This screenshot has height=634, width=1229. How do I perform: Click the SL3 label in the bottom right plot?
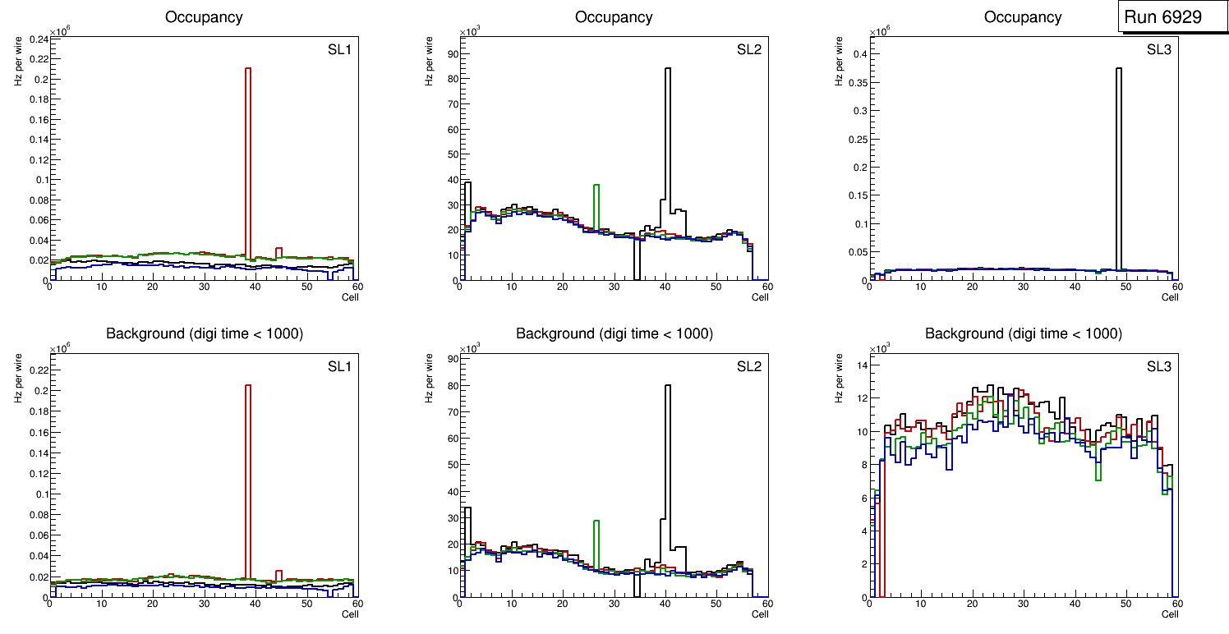point(1159,366)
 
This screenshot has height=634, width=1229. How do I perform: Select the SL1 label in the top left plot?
point(339,49)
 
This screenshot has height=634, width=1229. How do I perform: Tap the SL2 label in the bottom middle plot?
point(749,366)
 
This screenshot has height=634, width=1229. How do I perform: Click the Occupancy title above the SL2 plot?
point(614,17)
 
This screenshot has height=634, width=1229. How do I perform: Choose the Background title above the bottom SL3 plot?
point(1024,333)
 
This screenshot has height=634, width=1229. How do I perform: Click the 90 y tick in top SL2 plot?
point(451,53)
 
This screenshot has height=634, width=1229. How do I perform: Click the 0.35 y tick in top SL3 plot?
point(856,110)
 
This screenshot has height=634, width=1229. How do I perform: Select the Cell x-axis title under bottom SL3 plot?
point(1170,613)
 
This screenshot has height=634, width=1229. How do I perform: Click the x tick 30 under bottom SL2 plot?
point(614,605)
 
